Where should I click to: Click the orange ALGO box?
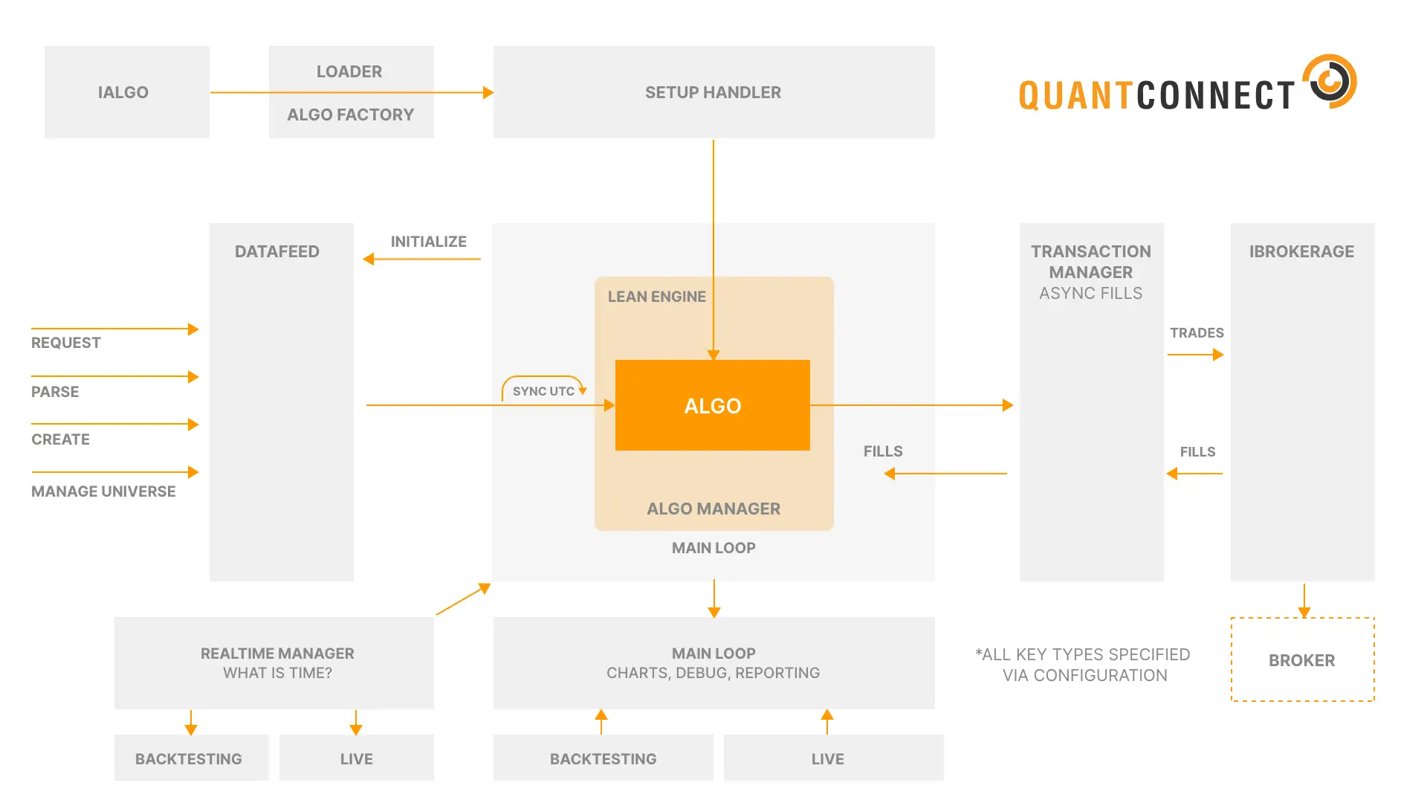click(712, 405)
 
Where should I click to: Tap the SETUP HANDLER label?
click(713, 92)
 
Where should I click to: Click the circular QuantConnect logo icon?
click(1330, 81)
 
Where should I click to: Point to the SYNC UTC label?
click(543, 391)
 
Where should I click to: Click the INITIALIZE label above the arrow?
click(428, 242)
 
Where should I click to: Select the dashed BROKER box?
click(1302, 660)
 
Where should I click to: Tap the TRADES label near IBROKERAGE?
click(1197, 332)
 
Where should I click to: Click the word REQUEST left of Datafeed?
click(66, 343)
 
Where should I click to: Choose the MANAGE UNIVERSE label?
click(103, 491)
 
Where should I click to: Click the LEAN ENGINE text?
click(656, 297)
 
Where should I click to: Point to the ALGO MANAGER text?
click(713, 509)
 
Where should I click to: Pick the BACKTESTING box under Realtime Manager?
click(190, 758)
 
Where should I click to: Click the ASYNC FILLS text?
click(1090, 293)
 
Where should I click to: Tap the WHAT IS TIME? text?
click(277, 673)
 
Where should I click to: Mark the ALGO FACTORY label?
click(350, 115)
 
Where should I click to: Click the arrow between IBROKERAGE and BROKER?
click(1304, 600)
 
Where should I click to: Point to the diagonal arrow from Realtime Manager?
click(462, 600)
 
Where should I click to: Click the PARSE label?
click(55, 392)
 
